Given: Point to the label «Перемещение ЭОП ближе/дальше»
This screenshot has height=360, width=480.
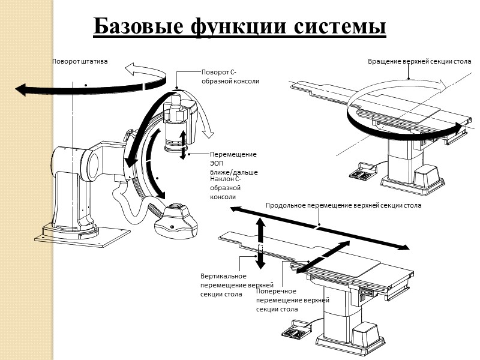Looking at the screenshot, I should (x=233, y=163).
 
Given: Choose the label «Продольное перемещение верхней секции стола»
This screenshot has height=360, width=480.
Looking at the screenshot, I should (x=343, y=205).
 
